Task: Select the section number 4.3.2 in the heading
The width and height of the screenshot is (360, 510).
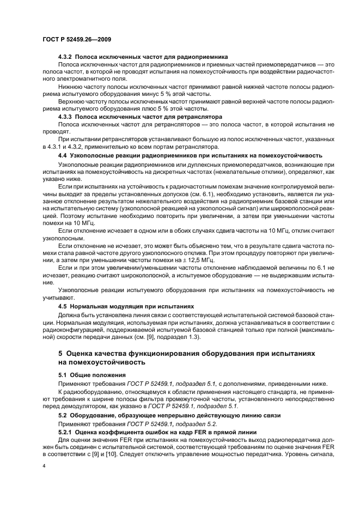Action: (65, 57)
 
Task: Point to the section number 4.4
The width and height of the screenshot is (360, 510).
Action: (63, 155)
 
